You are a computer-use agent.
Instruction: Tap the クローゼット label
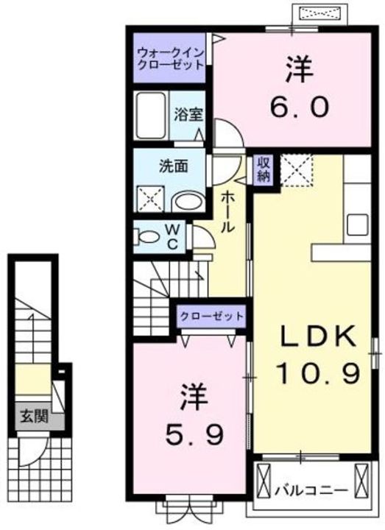(x=211, y=317)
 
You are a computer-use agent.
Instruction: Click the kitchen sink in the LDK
(x=356, y=222)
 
